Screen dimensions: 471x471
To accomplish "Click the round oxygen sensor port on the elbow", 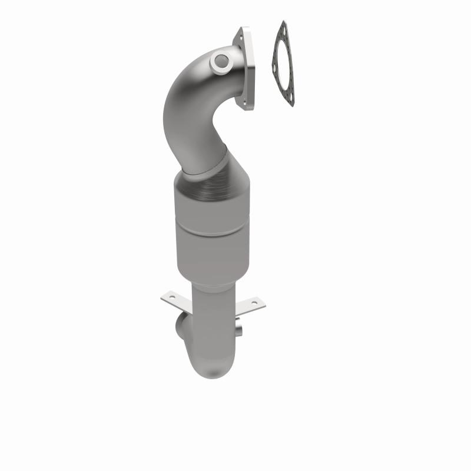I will point(222,59).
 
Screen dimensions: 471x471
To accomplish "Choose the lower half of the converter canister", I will point(215,250).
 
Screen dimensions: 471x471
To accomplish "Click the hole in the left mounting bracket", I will point(172,297).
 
